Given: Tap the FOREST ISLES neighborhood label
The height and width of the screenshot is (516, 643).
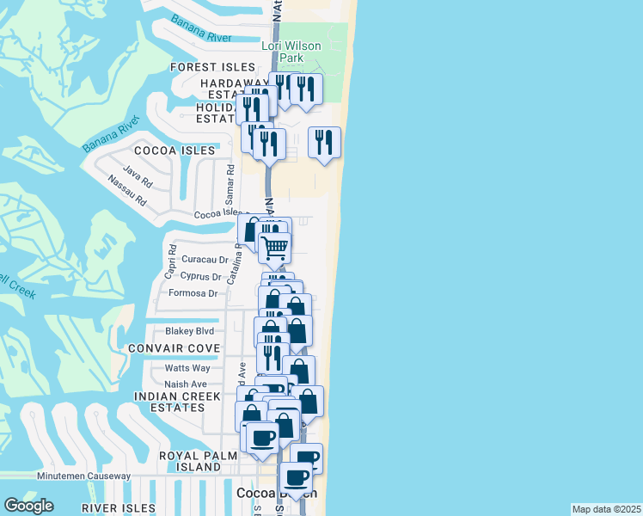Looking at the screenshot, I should tap(212, 67).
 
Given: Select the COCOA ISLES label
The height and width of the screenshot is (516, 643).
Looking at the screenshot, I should tap(185, 150).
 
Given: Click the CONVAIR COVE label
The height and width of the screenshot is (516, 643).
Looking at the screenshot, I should tap(173, 348).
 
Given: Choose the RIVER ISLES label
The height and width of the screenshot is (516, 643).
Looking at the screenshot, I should tap(118, 508).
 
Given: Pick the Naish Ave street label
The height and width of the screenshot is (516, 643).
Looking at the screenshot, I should tap(186, 384).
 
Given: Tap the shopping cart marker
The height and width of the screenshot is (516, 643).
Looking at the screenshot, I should tap(274, 247).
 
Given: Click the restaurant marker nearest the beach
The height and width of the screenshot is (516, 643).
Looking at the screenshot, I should tap(324, 142).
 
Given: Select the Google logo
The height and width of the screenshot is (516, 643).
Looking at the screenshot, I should tap(28, 506).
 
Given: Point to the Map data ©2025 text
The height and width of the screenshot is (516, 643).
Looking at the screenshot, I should tap(606, 509).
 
